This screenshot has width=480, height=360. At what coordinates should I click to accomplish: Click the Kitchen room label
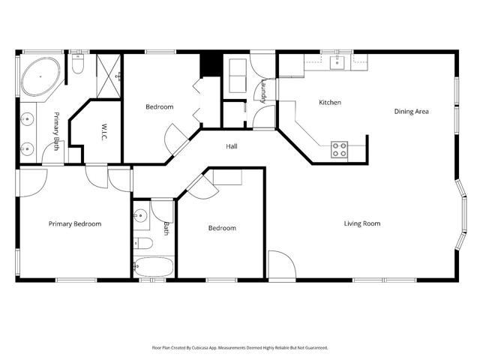point(330,102)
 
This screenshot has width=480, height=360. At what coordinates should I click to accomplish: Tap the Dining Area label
point(411,112)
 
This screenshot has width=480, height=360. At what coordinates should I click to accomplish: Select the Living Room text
point(362,223)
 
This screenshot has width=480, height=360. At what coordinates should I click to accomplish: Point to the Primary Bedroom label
point(75,223)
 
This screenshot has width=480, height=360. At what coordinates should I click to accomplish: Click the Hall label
point(232,146)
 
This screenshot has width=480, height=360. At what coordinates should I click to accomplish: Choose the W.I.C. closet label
point(95,132)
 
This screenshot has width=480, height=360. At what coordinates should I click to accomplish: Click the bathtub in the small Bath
point(154,267)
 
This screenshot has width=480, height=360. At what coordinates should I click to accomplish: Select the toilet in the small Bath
point(145,243)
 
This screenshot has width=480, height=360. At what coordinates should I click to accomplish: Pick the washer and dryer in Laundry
point(239,76)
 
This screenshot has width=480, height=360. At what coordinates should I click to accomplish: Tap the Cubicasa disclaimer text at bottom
point(239,347)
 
